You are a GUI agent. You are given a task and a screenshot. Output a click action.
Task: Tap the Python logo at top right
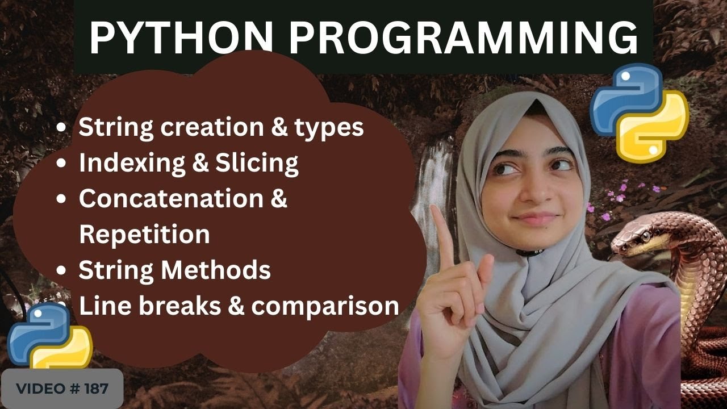[x=639, y=111]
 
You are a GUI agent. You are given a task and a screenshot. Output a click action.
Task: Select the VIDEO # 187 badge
[x=62, y=389]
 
